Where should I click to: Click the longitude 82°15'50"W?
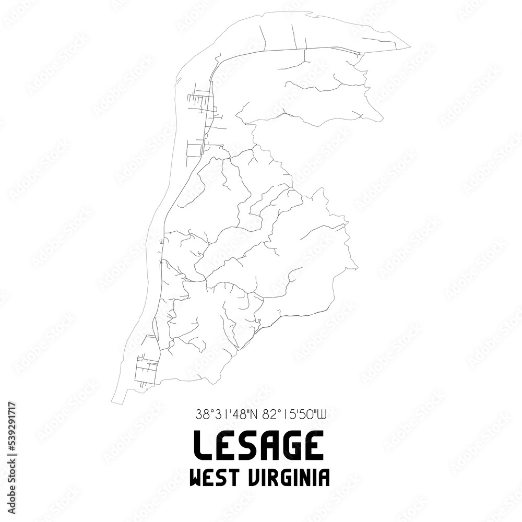[294, 416]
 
